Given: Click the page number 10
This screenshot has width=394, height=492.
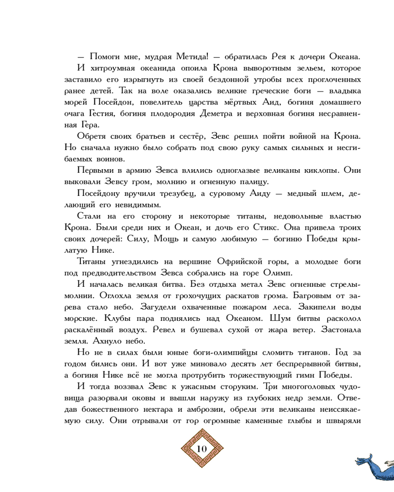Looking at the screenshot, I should (202, 449).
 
